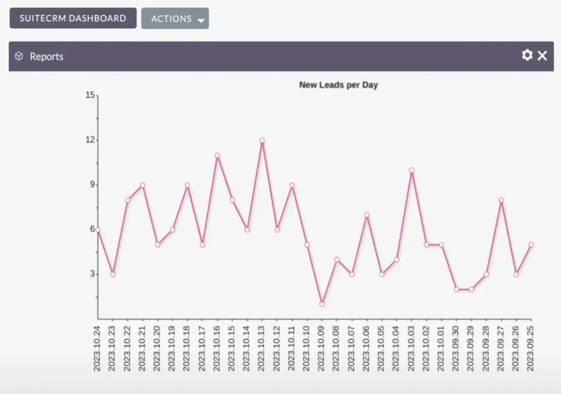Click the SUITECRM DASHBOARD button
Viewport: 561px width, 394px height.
pyautogui.click(x=73, y=18)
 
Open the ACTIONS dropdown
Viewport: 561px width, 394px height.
pyautogui.click(x=175, y=19)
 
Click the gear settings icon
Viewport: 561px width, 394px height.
pyautogui.click(x=527, y=55)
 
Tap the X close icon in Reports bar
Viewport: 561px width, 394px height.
pyautogui.click(x=542, y=56)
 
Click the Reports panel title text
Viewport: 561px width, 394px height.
pyautogui.click(x=46, y=57)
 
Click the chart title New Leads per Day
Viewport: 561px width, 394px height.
pyautogui.click(x=338, y=85)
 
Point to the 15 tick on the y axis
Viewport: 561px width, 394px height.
pyautogui.click(x=90, y=95)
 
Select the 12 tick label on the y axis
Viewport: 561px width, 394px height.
pyautogui.click(x=90, y=140)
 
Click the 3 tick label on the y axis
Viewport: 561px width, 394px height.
pyautogui.click(x=92, y=274)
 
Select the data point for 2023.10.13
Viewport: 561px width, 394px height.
pyautogui.click(x=262, y=140)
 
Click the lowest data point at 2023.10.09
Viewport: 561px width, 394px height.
pyautogui.click(x=322, y=304)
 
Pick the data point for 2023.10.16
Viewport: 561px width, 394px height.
pyautogui.click(x=217, y=155)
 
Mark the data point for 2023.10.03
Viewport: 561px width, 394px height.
pyautogui.click(x=411, y=170)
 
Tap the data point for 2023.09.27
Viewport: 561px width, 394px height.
pyautogui.click(x=501, y=200)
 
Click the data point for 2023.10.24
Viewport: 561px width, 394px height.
pyautogui.click(x=98, y=230)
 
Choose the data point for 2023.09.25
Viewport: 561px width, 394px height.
pyautogui.click(x=531, y=245)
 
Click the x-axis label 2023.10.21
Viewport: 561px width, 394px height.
pyautogui.click(x=142, y=348)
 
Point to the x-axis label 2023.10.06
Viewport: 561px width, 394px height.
pyautogui.click(x=366, y=348)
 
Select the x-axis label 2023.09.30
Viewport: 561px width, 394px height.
pyautogui.click(x=456, y=348)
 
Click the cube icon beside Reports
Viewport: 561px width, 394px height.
pyautogui.click(x=19, y=56)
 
